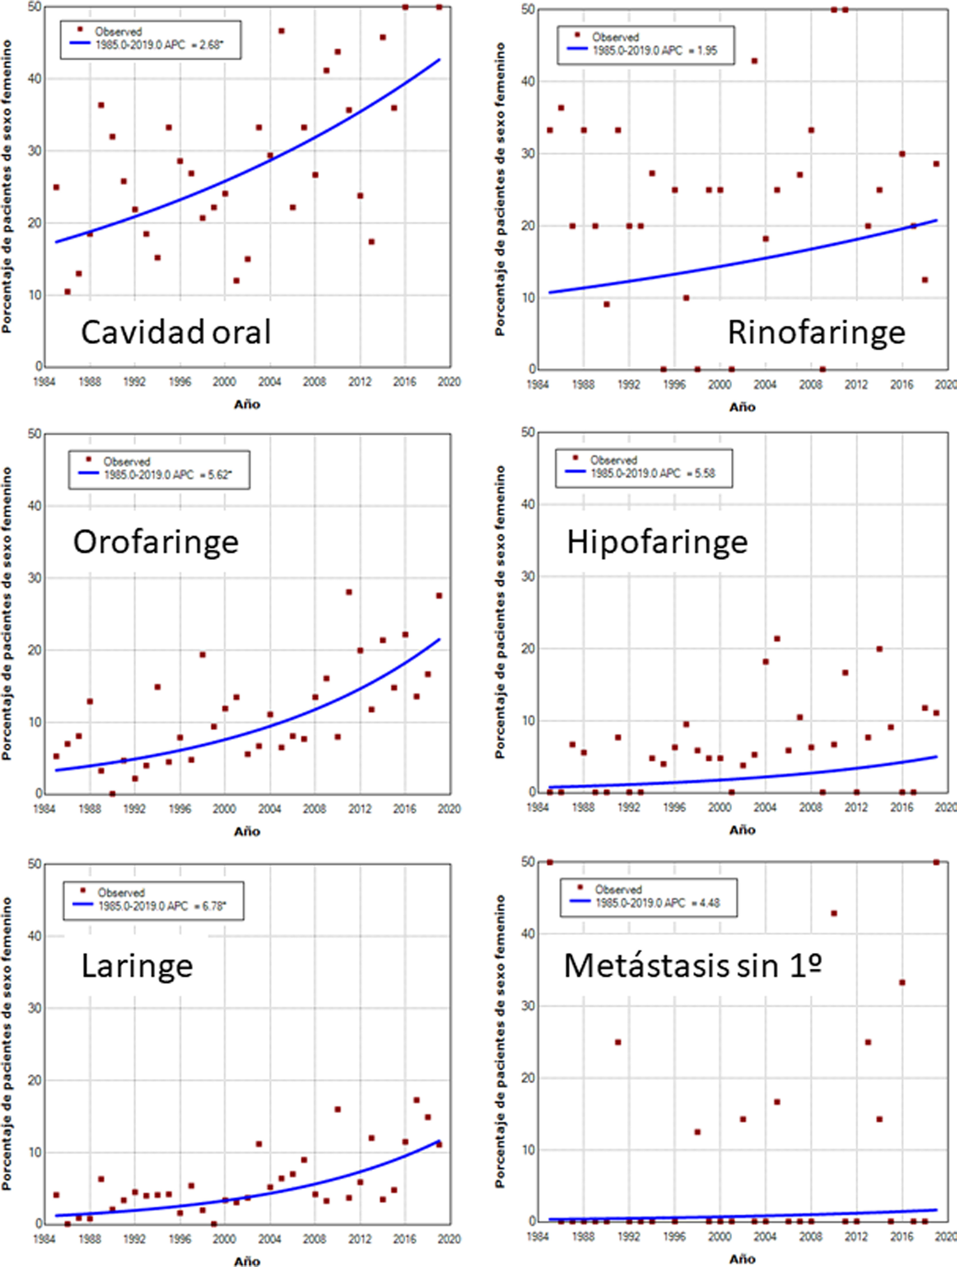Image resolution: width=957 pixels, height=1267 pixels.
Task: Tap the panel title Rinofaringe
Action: coord(816,332)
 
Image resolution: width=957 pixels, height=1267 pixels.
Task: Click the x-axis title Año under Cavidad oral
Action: coord(247,404)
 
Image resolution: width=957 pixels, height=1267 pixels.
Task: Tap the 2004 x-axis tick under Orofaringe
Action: coord(269,809)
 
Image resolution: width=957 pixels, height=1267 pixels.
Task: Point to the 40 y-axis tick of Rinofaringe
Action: coord(528,81)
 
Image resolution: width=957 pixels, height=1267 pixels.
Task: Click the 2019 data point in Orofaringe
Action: coord(439,596)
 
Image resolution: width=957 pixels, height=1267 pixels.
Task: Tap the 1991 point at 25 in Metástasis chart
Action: coord(618,1042)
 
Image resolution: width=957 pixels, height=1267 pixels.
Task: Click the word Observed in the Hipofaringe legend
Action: coord(613,460)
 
